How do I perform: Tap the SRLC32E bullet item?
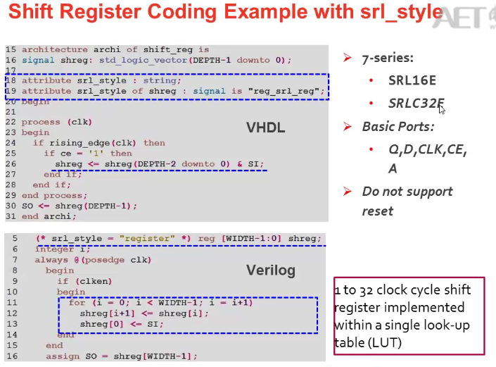click(416, 104)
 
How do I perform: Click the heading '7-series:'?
click(388, 58)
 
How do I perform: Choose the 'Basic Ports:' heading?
click(398, 127)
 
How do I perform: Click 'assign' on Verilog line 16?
click(63, 356)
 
